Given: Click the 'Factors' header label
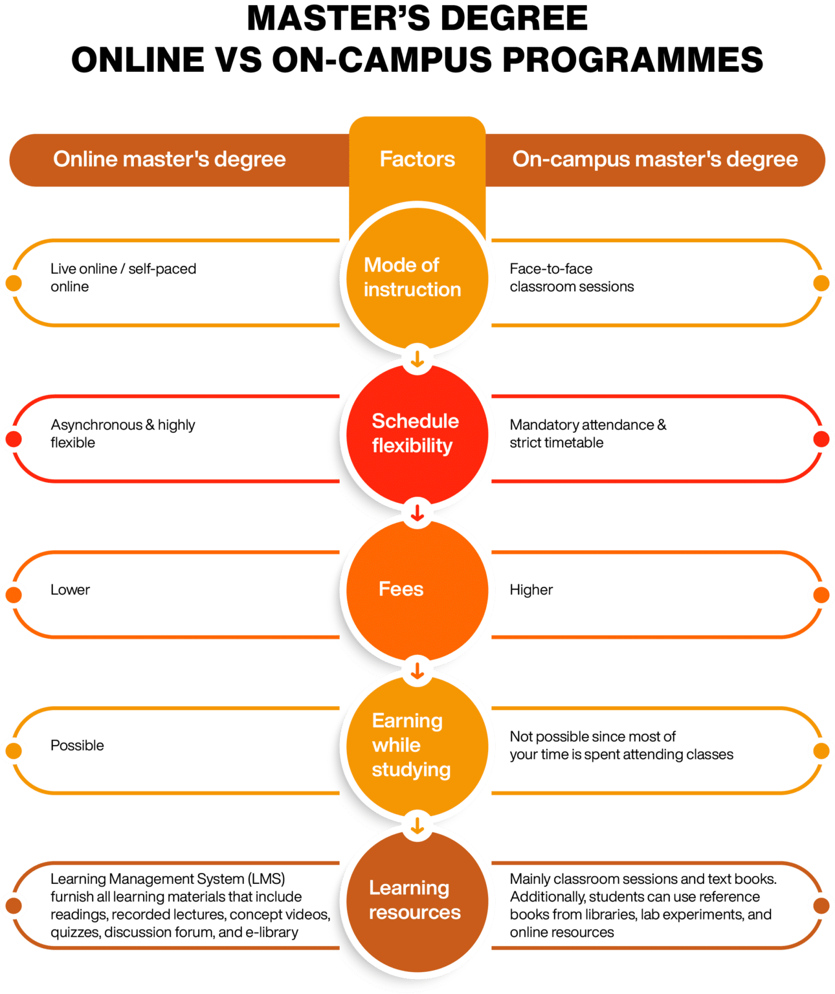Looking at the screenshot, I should (417, 159).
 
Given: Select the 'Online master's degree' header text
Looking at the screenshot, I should (169, 159).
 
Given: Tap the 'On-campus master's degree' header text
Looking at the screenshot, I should (654, 159).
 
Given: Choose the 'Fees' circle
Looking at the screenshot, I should (414, 590).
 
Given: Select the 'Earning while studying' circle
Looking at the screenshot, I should (414, 745).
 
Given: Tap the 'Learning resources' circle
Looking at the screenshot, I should (414, 900).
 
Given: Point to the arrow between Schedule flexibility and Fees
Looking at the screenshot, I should (417, 513).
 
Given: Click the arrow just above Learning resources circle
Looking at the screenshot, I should (417, 826).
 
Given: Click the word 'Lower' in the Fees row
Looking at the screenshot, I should (70, 590).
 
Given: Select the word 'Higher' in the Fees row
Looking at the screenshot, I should (531, 590).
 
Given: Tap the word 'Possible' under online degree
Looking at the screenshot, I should (77, 745).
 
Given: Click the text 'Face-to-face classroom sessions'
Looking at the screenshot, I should (571, 278).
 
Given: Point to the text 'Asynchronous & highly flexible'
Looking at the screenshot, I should (122, 434).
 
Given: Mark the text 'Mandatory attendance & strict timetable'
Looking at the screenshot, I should (587, 434).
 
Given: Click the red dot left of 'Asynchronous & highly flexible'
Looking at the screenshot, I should (13, 439).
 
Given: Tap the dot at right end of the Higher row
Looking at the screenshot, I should (821, 595).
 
